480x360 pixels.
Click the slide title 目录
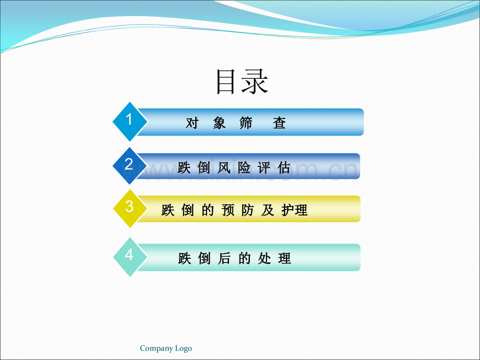coord(242,82)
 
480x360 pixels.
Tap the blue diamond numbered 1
coord(129,121)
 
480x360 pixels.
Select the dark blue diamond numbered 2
coord(129,165)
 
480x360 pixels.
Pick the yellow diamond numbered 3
coord(129,208)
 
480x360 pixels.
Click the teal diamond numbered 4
coord(129,256)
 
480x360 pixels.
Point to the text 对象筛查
coord(236,123)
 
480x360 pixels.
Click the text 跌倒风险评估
coord(234,167)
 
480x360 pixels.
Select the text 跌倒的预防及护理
coord(235,210)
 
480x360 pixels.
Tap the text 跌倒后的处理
coord(234,258)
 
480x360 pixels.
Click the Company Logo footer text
coord(166,349)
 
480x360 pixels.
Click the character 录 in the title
coord(255,82)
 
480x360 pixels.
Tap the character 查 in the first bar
coord(279,123)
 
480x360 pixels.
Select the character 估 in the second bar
coord(284,167)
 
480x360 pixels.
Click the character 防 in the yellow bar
coord(248,210)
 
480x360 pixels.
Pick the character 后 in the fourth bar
coord(224,258)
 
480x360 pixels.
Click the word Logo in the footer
coord(183,349)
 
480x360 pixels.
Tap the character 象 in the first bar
coord(219,123)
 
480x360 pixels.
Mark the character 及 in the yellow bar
coord(268,210)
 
